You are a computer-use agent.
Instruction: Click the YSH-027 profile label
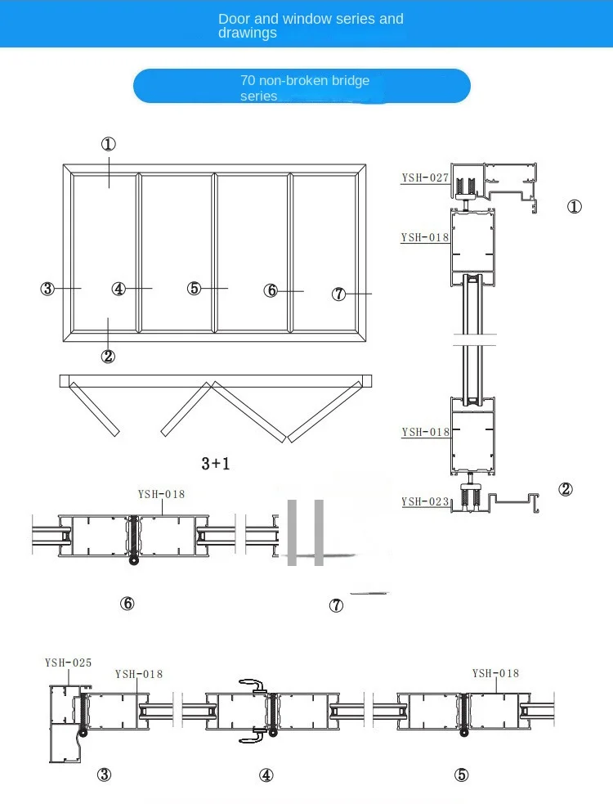(425, 177)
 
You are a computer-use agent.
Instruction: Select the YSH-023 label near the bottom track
(425, 501)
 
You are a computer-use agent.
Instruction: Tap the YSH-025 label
(68, 663)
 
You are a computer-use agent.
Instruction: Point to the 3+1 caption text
(216, 464)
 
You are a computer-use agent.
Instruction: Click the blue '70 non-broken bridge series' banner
(302, 86)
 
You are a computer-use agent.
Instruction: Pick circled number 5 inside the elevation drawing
(194, 288)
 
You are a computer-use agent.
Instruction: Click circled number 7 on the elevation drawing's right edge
(339, 294)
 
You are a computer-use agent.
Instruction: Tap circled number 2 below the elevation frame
(108, 356)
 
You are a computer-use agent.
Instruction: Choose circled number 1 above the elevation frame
(108, 144)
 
